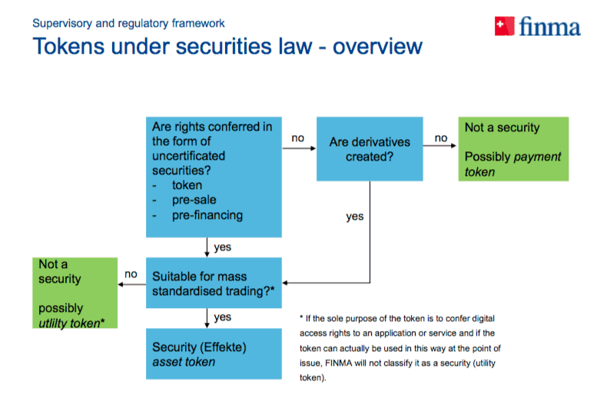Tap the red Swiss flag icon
[506, 27]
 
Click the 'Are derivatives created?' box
[370, 149]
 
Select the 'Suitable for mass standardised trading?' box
[214, 283]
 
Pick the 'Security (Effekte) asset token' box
[214, 353]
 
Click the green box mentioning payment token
[513, 149]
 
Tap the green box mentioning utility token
[75, 293]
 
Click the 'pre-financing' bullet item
[207, 215]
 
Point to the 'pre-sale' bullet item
[194, 200]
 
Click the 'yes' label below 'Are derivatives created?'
[354, 217]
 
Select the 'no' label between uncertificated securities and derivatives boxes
[297, 138]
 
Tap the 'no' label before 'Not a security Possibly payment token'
[440, 138]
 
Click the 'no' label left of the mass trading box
[131, 274]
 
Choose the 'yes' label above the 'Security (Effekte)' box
[223, 317]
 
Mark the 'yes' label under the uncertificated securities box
[223, 247]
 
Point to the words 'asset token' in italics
[184, 362]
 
